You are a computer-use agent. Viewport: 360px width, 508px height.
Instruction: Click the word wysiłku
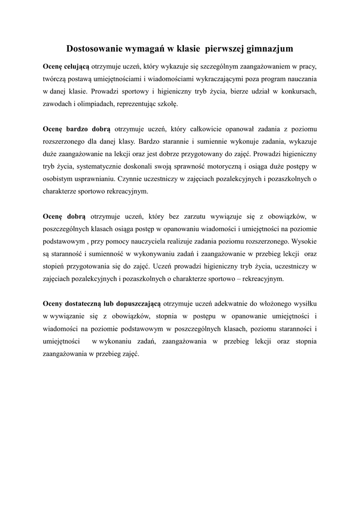pos(303,303)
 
